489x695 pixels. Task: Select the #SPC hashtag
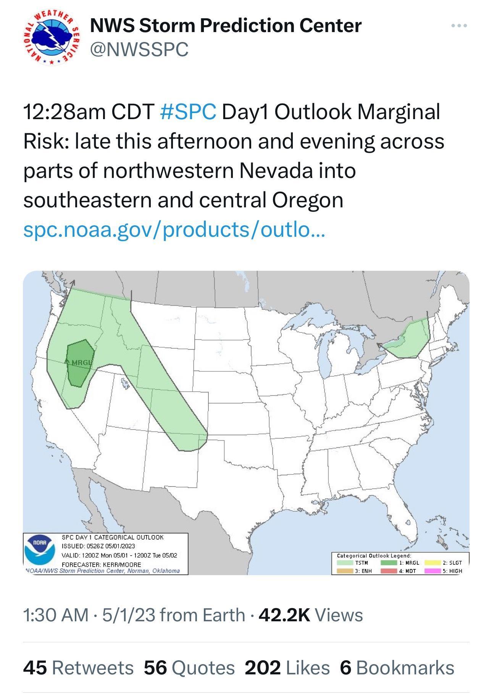pos(188,112)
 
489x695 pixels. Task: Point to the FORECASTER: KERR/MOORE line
pos(102,564)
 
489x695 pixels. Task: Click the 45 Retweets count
pos(78,668)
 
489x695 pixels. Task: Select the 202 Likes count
pos(287,668)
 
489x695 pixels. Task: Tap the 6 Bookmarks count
pos(397,668)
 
